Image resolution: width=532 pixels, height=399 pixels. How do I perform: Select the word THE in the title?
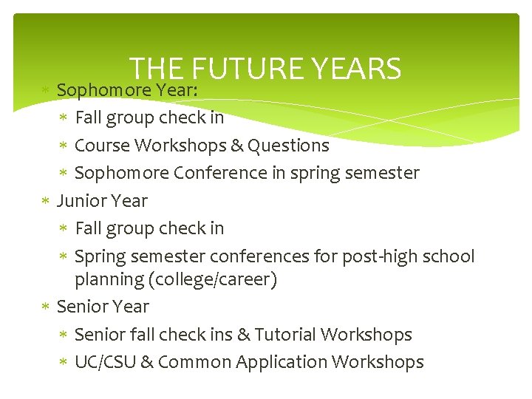coord(156,69)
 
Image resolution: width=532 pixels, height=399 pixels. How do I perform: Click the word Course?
coord(100,146)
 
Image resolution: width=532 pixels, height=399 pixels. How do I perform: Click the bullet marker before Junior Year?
coord(46,201)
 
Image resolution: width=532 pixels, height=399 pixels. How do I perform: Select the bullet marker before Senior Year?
coord(46,307)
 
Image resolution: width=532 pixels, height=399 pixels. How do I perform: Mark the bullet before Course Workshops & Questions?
coord(64,146)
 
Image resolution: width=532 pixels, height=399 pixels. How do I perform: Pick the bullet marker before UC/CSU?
coord(64,362)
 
